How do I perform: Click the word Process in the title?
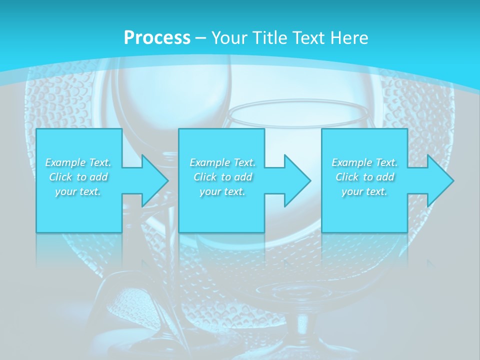(x=157, y=38)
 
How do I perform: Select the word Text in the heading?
(x=309, y=38)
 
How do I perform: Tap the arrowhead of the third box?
(x=439, y=180)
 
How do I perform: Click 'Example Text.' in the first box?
(x=78, y=162)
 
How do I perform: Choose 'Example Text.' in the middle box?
(x=222, y=162)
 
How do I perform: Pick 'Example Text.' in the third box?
(x=364, y=162)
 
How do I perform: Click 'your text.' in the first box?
(x=78, y=191)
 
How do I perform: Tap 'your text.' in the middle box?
(x=222, y=191)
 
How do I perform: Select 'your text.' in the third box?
(x=364, y=191)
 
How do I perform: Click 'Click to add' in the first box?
(x=78, y=177)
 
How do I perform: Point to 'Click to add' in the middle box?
(x=222, y=177)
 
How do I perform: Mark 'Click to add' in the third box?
(x=364, y=177)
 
